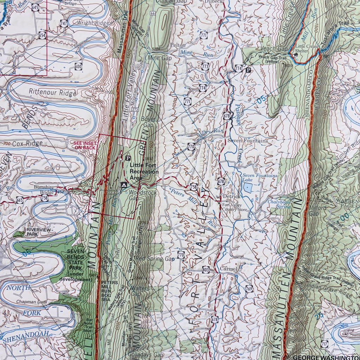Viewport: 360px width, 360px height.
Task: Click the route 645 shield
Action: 35,7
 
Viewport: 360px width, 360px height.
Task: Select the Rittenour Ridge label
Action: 52,93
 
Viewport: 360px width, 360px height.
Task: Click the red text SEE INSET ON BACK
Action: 84,146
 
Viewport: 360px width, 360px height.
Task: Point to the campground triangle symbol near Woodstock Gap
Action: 123,185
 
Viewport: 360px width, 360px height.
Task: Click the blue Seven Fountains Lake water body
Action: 247,187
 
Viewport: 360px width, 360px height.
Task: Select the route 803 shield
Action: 206,270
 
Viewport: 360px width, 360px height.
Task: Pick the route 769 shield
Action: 249,288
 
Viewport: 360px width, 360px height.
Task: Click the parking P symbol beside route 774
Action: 249,70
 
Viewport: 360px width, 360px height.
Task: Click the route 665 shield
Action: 20,200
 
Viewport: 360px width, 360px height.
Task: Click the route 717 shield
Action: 324,344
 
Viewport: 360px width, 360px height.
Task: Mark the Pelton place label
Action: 178,45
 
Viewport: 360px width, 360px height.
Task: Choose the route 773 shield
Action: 205,66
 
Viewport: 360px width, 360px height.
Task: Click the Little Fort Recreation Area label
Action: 144,172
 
